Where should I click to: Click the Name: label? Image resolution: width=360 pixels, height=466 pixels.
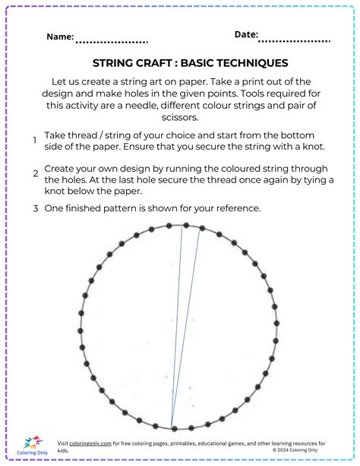pyautogui.click(x=60, y=36)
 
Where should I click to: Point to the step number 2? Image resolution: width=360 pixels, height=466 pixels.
pyautogui.click(x=35, y=173)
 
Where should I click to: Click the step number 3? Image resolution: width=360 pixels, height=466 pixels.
pyautogui.click(x=35, y=208)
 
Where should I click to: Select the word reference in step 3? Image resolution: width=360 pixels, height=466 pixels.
pyautogui.click(x=235, y=208)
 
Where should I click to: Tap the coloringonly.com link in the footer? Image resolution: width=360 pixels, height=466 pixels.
pyautogui.click(x=91, y=442)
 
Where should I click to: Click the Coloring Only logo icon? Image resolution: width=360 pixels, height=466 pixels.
pyautogui.click(x=31, y=442)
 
